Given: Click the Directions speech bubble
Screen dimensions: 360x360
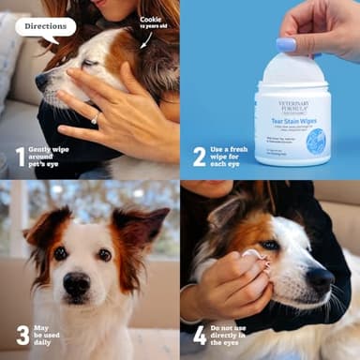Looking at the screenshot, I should click(45, 26).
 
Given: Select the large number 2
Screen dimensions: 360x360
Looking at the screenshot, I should click(199, 156).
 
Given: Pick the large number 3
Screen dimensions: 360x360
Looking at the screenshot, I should click(22, 334).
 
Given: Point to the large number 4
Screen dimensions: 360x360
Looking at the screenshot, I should click(200, 335).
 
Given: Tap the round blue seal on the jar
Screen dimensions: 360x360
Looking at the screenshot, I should click(316, 141).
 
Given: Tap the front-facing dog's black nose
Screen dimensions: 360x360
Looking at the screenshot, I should click(77, 282).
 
